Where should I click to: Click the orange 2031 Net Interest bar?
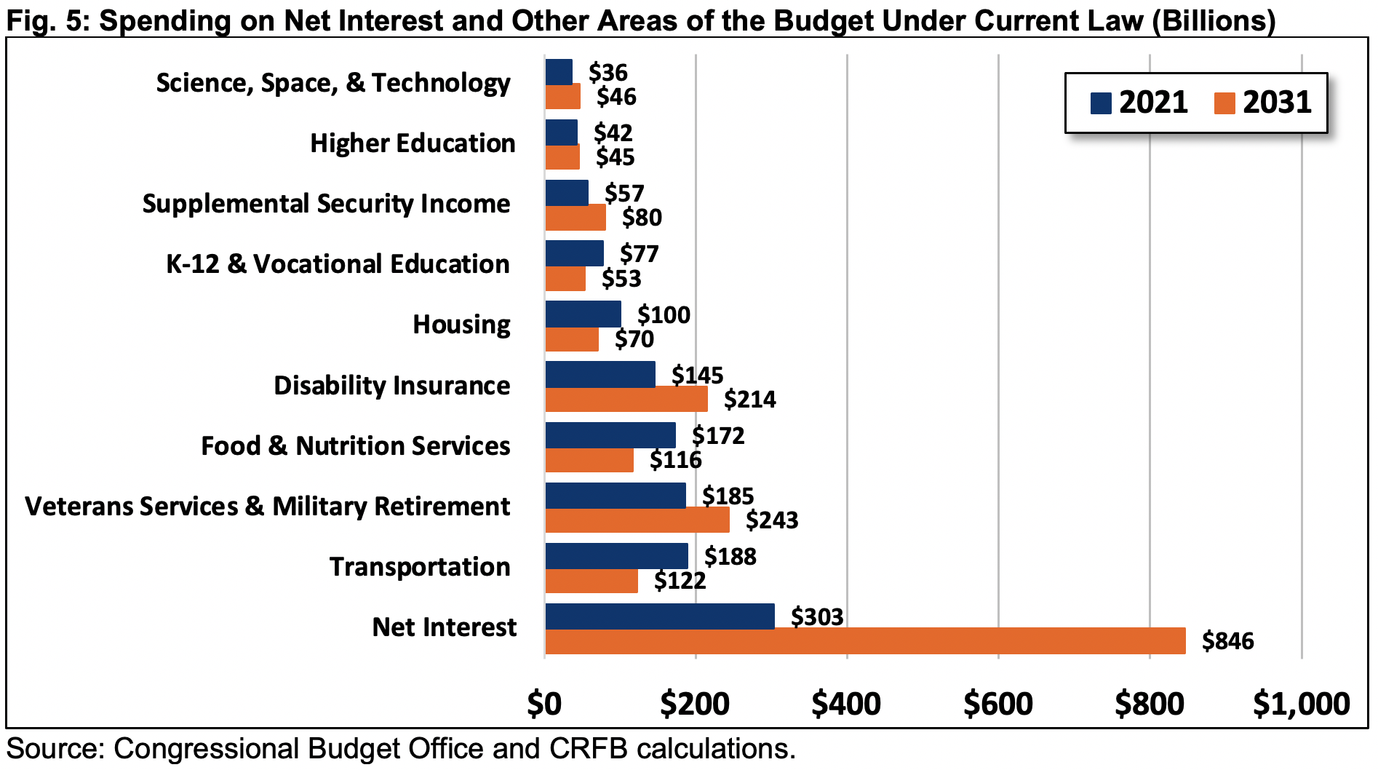(x=864, y=641)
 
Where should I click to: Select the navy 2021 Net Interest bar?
(x=659, y=616)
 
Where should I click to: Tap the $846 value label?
(x=1228, y=641)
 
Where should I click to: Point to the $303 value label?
(x=817, y=617)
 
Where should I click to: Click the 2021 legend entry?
(x=1139, y=103)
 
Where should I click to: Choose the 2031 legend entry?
(x=1263, y=103)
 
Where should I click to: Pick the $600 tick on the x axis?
(x=998, y=704)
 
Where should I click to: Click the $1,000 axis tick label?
(x=1301, y=704)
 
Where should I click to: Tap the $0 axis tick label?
(x=544, y=704)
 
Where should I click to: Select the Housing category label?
(x=461, y=325)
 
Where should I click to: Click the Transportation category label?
(x=420, y=567)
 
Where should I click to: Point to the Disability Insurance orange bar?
(x=626, y=400)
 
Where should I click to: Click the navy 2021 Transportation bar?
(x=616, y=556)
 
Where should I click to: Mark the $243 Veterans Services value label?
(x=772, y=520)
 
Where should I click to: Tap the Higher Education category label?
(x=413, y=143)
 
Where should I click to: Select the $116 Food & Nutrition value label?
(x=675, y=460)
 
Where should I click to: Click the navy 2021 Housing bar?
(x=583, y=314)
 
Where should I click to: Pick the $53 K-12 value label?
(x=621, y=279)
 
